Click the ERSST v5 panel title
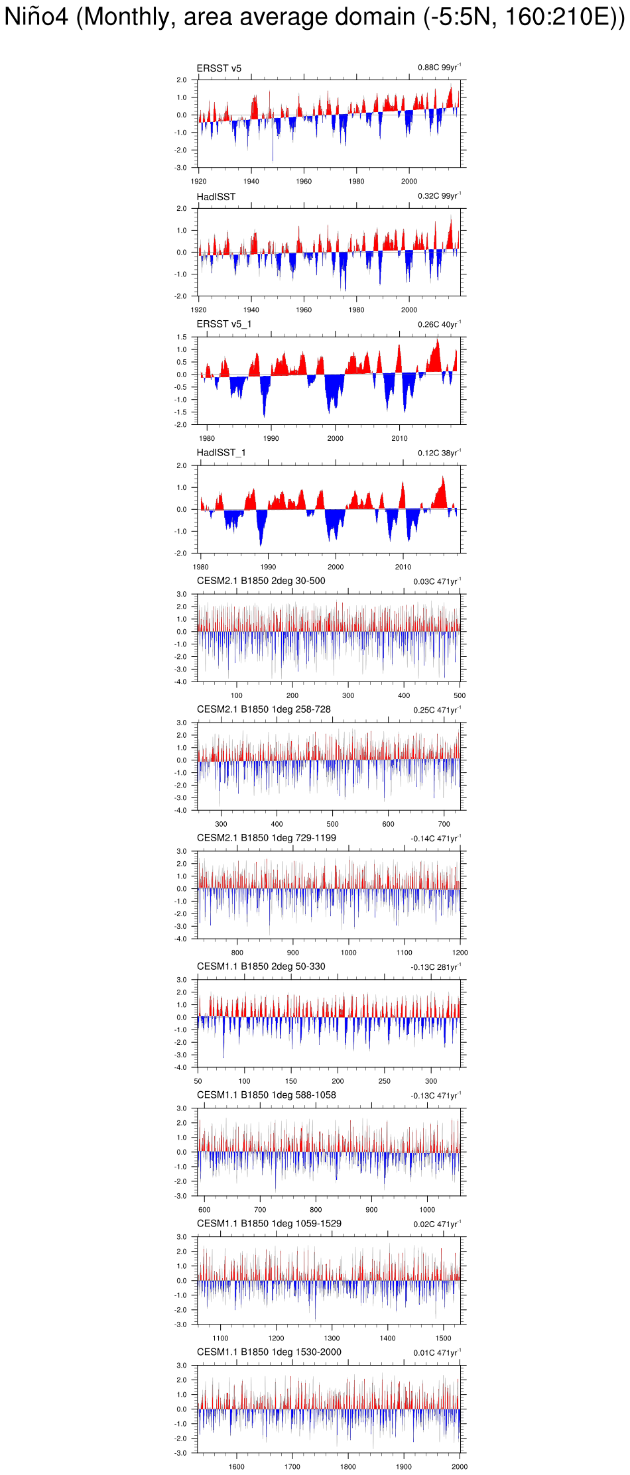coord(219,68)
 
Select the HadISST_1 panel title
coord(221,453)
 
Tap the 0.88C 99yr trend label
coord(438,68)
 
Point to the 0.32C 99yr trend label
coord(438,196)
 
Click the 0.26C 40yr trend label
coord(438,325)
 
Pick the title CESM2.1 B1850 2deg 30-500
coord(261,581)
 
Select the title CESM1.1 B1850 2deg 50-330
coord(261,967)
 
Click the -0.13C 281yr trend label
coord(435,968)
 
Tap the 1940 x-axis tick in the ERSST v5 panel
coord(251,182)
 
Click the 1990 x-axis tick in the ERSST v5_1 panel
coord(271,439)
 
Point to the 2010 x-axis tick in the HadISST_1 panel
coord(403,567)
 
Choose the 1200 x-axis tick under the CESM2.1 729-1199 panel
coord(460,953)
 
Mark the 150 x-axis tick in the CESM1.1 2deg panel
coord(291,1082)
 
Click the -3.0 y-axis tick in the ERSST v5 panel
coord(181,168)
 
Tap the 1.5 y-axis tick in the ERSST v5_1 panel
coord(182,337)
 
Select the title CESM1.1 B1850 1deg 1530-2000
coord(269,1352)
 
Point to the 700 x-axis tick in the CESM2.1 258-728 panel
coord(444,825)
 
